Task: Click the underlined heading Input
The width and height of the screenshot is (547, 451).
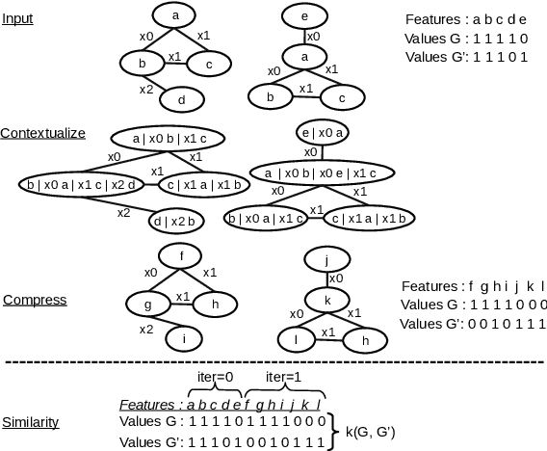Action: point(17,18)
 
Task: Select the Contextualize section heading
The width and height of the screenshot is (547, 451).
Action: point(43,132)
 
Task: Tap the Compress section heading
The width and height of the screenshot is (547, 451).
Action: point(35,300)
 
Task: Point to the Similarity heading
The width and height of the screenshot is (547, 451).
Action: point(31,422)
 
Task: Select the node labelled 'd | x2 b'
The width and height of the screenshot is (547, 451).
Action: point(173,221)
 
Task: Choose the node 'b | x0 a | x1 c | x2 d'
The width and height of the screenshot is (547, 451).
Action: point(82,183)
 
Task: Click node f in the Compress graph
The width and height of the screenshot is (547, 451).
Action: point(181,255)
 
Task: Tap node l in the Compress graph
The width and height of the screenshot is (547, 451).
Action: point(296,339)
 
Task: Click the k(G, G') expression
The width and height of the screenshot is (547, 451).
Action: point(376,431)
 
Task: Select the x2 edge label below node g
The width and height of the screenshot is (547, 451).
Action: point(145,330)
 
